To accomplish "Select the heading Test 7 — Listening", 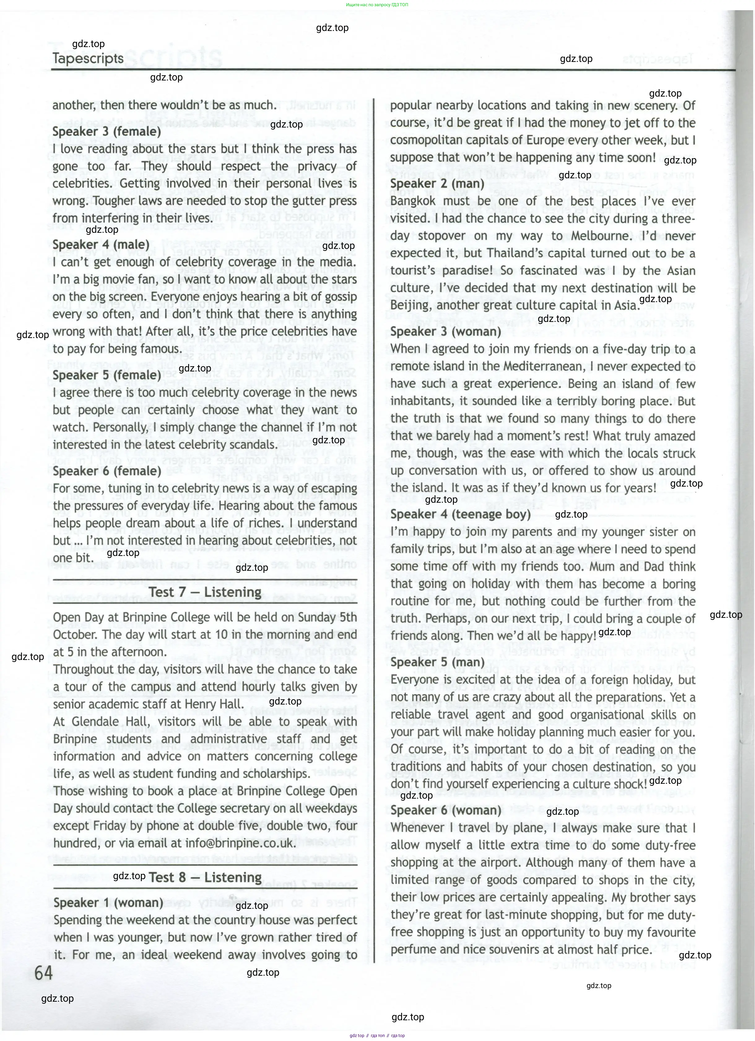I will click(205, 592).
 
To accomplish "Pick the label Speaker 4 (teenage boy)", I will click(460, 514).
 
